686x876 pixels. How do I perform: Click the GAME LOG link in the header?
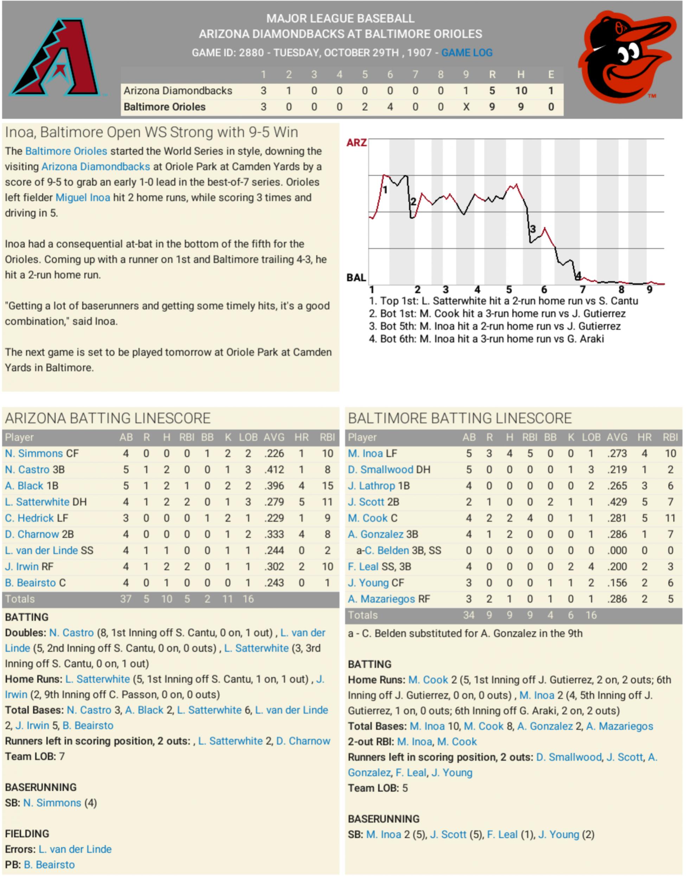pyautogui.click(x=467, y=53)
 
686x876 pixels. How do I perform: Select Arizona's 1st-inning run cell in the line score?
pyautogui.click(x=263, y=91)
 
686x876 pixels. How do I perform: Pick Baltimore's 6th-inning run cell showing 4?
pyautogui.click(x=390, y=107)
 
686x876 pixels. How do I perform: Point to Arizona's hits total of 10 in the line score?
pyautogui.click(x=521, y=91)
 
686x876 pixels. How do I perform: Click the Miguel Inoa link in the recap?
pyautogui.click(x=83, y=198)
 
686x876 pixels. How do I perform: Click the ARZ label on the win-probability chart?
pyautogui.click(x=356, y=142)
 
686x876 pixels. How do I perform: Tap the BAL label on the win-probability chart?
pyautogui.click(x=356, y=277)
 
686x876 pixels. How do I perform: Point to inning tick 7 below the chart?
pyautogui.click(x=582, y=289)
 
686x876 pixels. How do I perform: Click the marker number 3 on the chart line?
pyautogui.click(x=533, y=229)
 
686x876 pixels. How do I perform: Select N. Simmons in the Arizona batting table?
pyautogui.click(x=34, y=453)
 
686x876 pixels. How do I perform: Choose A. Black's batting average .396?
pyautogui.click(x=274, y=486)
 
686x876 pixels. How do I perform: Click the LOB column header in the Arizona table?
pyautogui.click(x=248, y=437)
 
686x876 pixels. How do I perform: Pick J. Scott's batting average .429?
pyautogui.click(x=617, y=502)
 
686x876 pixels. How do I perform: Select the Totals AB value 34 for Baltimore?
pyautogui.click(x=468, y=615)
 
